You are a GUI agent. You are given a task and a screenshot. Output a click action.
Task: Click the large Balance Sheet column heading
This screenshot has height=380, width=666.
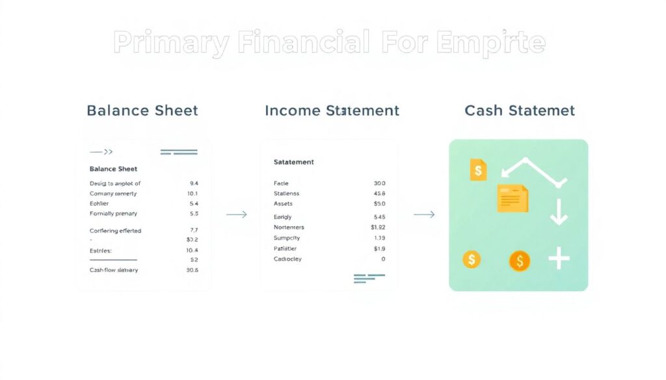142,110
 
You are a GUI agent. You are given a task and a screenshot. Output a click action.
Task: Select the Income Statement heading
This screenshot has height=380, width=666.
332,110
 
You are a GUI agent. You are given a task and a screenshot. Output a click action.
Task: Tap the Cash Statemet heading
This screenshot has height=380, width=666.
520,110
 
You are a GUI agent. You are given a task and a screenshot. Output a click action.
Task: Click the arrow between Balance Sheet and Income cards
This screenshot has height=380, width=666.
236,214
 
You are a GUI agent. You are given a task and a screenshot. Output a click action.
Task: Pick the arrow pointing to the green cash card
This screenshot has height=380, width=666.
424,214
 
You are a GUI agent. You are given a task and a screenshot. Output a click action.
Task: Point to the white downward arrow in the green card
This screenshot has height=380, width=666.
559,212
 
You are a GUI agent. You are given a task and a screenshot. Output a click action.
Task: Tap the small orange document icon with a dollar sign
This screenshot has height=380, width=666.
478,170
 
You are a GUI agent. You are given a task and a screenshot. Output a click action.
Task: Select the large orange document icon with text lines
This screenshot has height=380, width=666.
513,198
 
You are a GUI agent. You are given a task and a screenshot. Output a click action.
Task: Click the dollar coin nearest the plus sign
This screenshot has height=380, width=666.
519,261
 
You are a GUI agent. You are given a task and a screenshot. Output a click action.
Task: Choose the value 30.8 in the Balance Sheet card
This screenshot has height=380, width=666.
192,270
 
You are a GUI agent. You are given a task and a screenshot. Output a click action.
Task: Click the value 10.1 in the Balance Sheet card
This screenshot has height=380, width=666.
192,194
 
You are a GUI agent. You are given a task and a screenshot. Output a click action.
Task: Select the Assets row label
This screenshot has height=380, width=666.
283,204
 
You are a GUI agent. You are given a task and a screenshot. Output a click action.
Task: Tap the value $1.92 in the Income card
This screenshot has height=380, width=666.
378,227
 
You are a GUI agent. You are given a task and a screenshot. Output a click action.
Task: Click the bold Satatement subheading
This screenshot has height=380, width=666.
293,162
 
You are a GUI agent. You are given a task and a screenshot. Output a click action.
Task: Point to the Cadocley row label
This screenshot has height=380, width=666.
287,259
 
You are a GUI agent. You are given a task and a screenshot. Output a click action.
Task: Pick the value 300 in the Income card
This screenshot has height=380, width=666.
380,183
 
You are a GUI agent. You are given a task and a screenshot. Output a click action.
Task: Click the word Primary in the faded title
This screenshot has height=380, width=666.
170,43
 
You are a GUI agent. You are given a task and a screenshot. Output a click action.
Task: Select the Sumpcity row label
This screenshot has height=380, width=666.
287,238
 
